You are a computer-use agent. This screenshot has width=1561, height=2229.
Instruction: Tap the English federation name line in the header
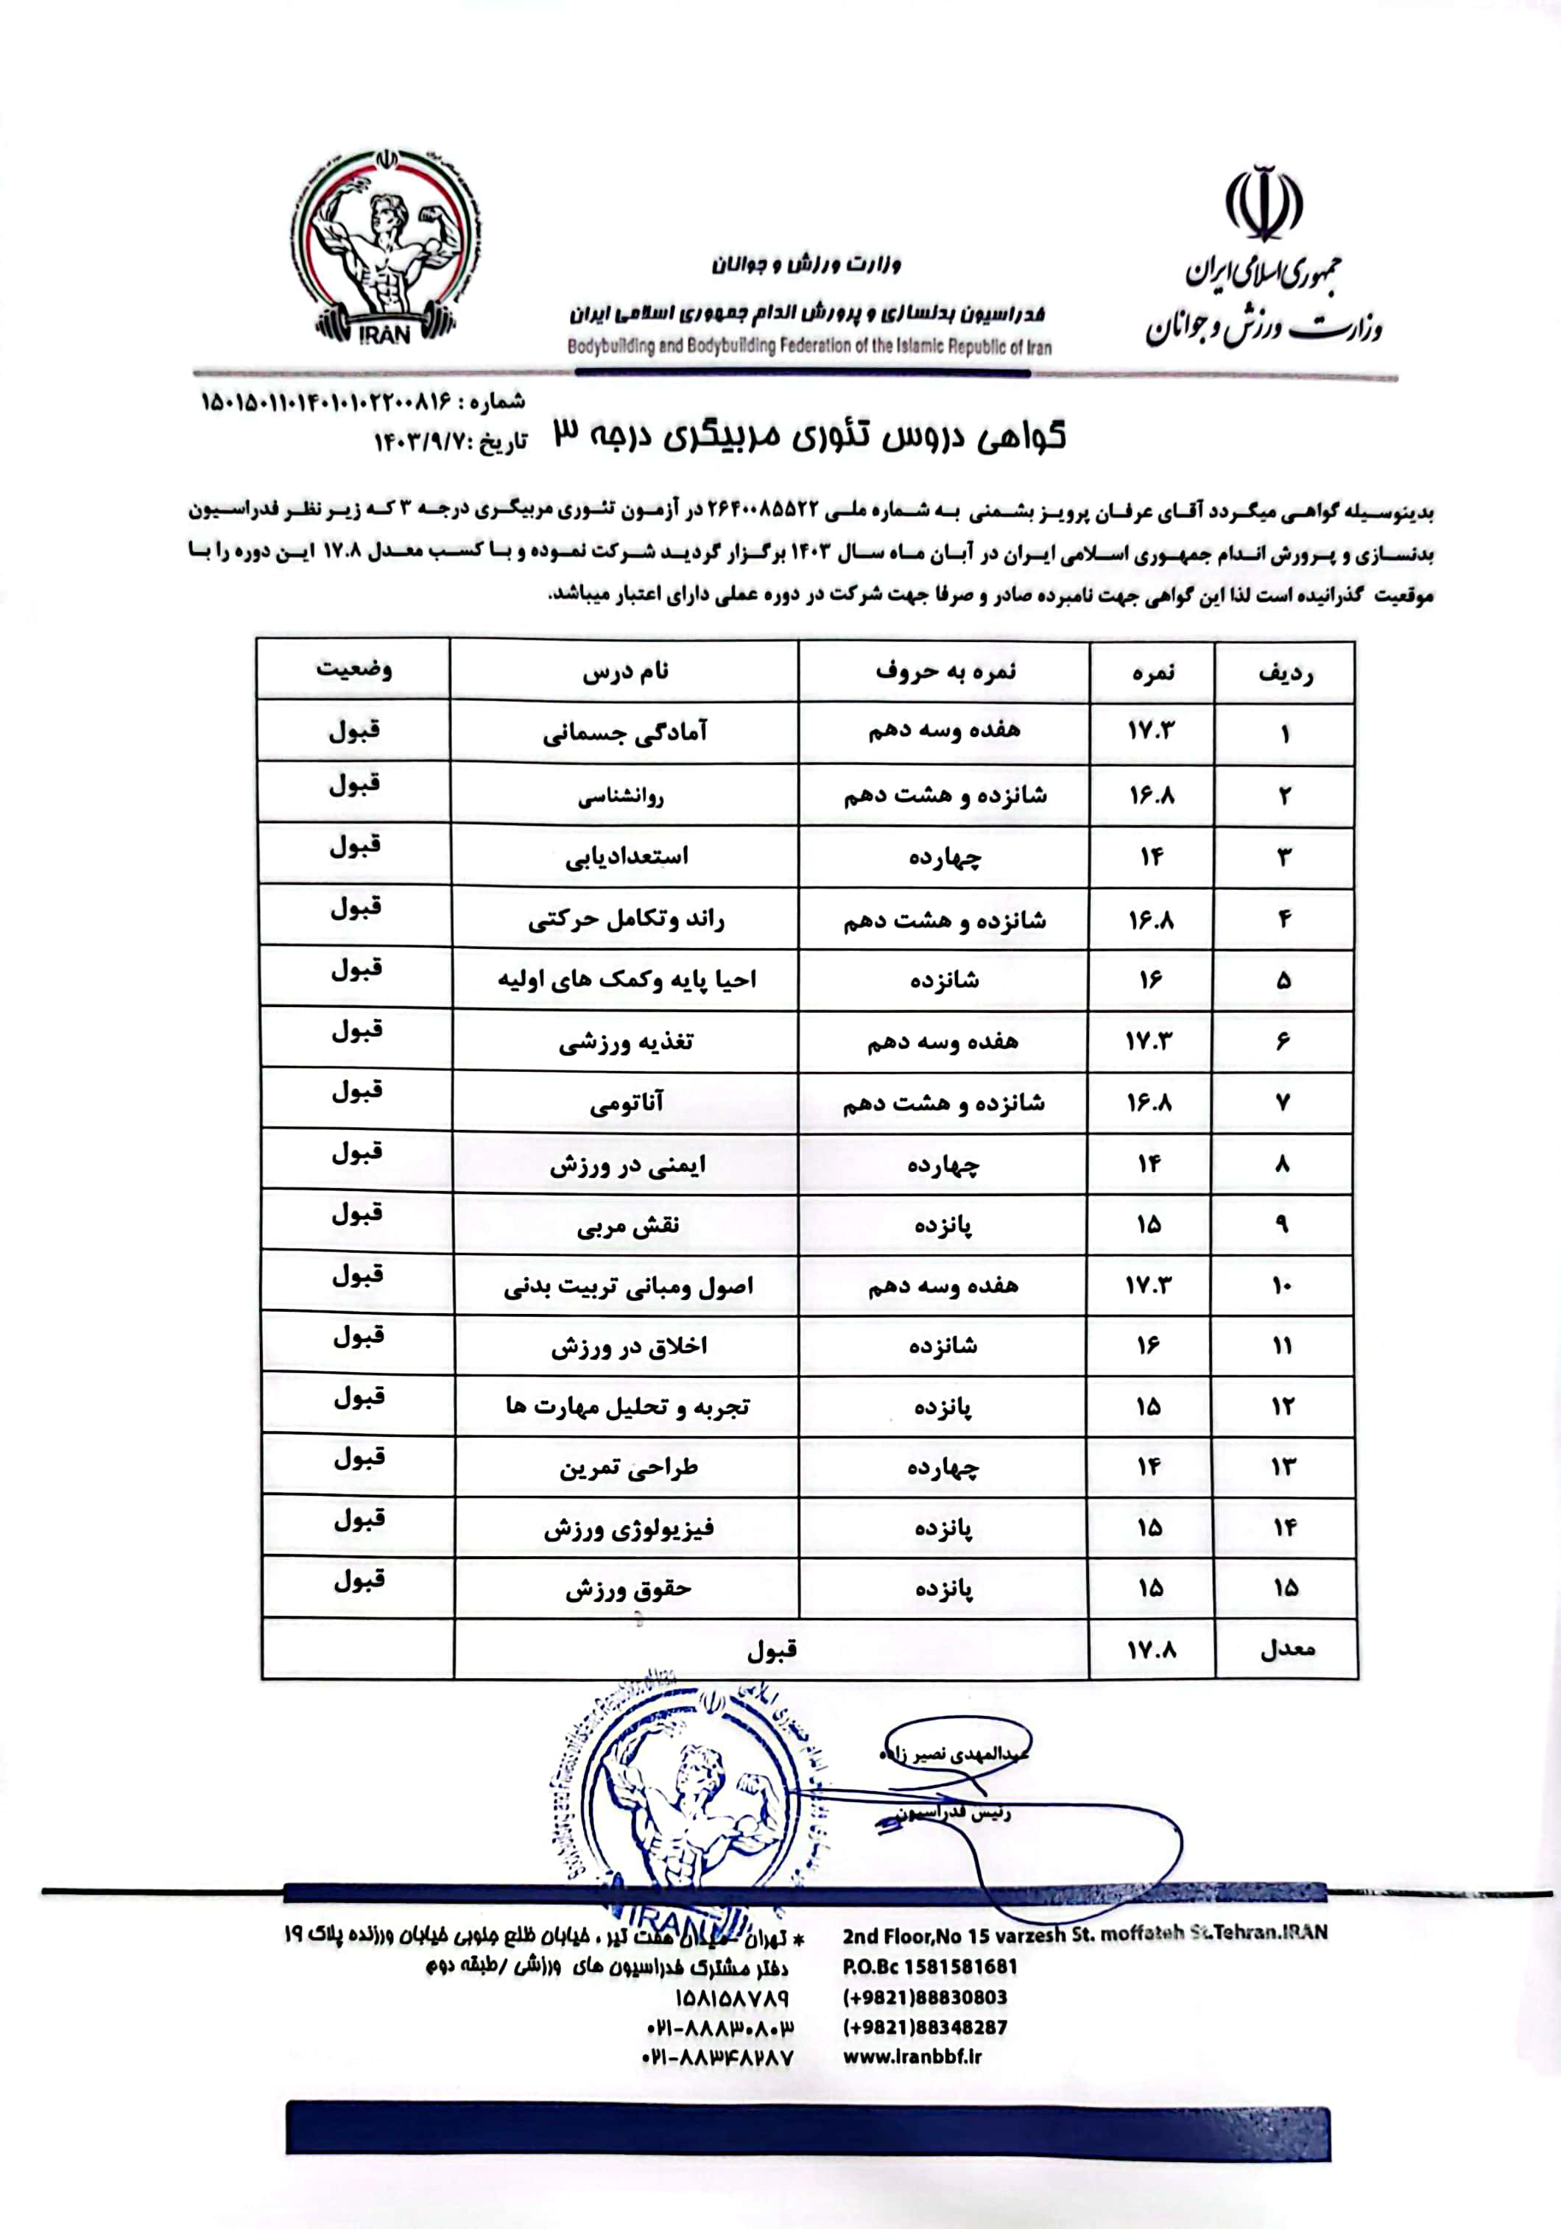click(x=810, y=347)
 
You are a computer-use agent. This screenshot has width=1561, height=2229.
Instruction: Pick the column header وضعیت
click(x=354, y=670)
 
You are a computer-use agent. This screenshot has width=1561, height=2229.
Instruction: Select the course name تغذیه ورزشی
click(x=626, y=1042)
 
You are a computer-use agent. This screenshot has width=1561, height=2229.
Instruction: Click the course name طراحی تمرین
click(x=628, y=1467)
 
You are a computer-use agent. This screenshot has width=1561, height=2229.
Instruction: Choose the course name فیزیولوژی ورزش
click(x=628, y=1528)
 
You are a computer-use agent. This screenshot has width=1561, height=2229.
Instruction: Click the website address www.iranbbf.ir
click(x=912, y=2055)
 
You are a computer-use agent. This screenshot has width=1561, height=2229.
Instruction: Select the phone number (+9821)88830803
click(x=924, y=1997)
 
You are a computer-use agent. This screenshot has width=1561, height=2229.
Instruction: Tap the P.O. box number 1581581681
click(x=960, y=1967)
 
